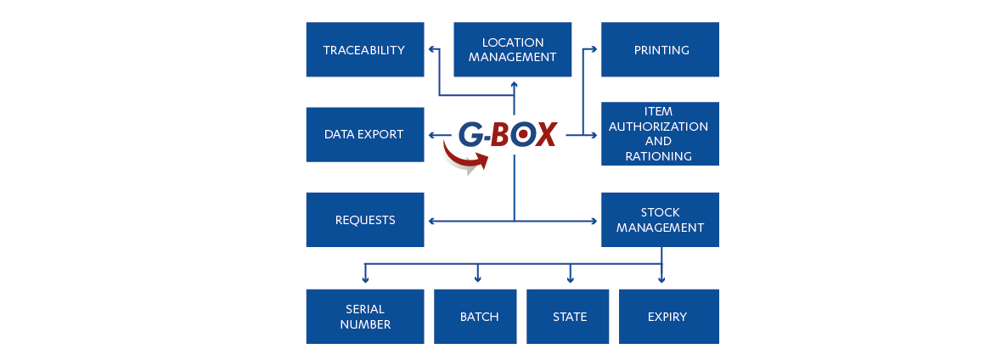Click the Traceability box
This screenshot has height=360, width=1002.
click(x=364, y=50)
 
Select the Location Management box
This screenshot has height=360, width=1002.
click(x=512, y=50)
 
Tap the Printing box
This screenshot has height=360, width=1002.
click(x=661, y=50)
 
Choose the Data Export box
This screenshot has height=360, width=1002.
click(x=364, y=134)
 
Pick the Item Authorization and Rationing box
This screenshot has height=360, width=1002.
click(x=660, y=134)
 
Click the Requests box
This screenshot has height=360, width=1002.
click(x=364, y=220)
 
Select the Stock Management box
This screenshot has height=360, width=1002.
click(x=660, y=220)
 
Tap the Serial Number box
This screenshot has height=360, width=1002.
click(x=364, y=317)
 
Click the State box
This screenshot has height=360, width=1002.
click(x=569, y=317)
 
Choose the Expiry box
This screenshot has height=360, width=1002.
click(x=667, y=317)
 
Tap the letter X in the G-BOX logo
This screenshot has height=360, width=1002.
click(x=545, y=134)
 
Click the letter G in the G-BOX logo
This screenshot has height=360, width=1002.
click(x=471, y=134)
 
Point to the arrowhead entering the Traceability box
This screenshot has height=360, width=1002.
click(x=431, y=50)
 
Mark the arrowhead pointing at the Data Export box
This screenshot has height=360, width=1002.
click(x=431, y=134)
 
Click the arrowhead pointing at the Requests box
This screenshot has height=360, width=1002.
click(x=431, y=222)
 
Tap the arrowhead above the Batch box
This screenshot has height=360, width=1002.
click(x=478, y=278)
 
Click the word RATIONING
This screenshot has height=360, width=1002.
click(x=658, y=156)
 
